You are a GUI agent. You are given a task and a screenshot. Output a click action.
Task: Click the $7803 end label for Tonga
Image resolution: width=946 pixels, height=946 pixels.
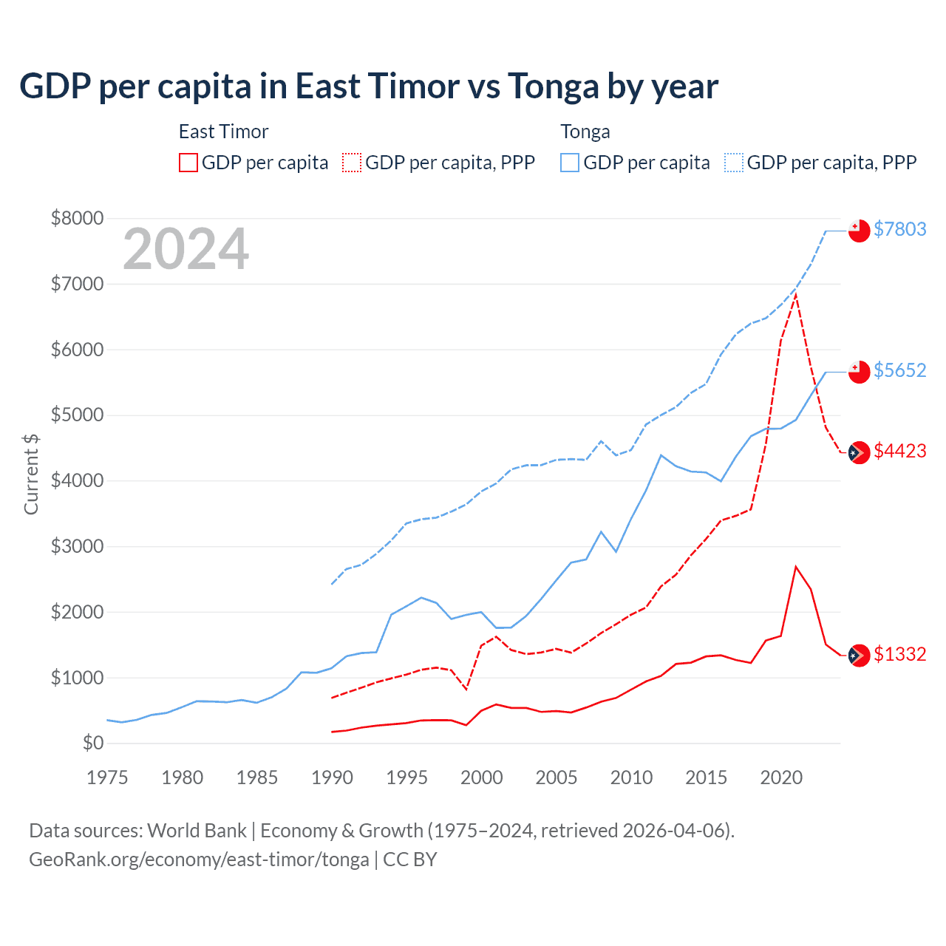tap(899, 229)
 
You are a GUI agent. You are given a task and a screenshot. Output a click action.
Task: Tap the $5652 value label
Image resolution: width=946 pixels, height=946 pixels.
tap(899, 370)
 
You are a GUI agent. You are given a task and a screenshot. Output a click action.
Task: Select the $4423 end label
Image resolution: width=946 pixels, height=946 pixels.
tap(899, 451)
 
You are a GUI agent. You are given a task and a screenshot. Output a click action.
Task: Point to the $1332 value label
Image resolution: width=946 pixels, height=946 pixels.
tap(899, 654)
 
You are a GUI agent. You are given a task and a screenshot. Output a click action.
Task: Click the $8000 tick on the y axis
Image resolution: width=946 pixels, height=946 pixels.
tap(77, 218)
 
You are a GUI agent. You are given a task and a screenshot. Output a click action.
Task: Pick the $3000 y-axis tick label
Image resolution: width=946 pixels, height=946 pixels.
tap(77, 546)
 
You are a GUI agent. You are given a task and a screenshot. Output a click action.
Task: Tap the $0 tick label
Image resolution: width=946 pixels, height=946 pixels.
tap(92, 743)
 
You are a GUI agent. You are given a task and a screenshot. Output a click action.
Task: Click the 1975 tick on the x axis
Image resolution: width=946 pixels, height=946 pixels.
tap(107, 777)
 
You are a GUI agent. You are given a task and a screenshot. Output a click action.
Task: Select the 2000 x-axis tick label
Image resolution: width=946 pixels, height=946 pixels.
tap(481, 777)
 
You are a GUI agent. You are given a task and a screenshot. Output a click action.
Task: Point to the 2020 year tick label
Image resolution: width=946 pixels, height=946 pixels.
tap(781, 777)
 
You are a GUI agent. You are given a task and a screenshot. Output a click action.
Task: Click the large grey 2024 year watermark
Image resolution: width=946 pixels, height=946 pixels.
tap(186, 250)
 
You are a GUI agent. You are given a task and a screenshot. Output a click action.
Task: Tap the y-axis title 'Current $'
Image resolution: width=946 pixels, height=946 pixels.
tap(31, 474)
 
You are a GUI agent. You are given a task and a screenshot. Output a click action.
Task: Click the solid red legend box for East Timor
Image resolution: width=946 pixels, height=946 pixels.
tap(188, 163)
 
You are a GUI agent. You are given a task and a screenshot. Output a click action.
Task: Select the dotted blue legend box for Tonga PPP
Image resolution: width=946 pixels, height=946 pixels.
tap(734, 163)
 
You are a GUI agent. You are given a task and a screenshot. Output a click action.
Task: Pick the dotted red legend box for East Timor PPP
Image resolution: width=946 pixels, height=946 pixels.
tap(352, 163)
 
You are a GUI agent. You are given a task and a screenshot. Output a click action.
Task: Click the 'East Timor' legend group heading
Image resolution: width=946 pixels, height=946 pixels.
tap(223, 132)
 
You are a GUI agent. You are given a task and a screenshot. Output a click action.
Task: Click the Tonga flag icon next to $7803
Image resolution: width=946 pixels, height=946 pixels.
tap(859, 231)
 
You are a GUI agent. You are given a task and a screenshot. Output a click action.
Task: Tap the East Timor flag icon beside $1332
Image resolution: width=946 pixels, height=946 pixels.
tap(859, 655)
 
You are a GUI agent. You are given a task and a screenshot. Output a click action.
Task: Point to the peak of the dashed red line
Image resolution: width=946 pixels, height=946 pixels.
tap(795, 294)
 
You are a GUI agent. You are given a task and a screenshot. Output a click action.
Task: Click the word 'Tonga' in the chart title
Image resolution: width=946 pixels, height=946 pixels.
tap(553, 86)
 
